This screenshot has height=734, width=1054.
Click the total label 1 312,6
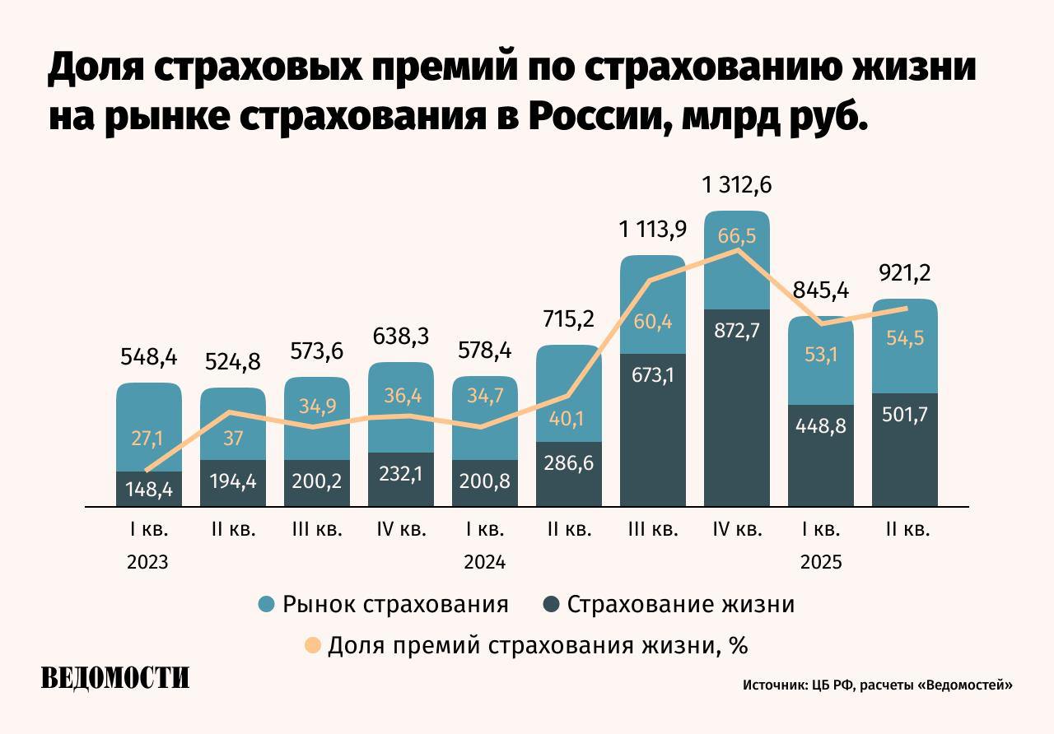tap(737, 186)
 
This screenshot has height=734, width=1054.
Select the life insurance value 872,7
tap(737, 332)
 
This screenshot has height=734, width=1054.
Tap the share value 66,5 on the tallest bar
tap(737, 236)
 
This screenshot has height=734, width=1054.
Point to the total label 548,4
tap(149, 358)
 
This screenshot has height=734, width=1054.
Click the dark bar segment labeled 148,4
tap(149, 490)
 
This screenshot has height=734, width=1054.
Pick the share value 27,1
tap(149, 438)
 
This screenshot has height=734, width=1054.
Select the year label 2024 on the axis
tap(485, 563)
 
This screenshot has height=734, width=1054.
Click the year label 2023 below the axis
tap(148, 563)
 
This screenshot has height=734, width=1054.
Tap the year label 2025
tap(821, 563)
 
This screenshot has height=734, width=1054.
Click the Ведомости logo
tap(115, 677)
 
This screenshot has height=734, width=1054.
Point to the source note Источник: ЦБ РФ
tap(877, 685)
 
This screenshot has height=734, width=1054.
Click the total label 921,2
tap(905, 273)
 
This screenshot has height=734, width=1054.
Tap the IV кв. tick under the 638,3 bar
tap(401, 530)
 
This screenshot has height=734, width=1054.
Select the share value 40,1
tap(569, 419)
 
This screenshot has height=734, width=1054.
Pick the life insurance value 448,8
tap(821, 426)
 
